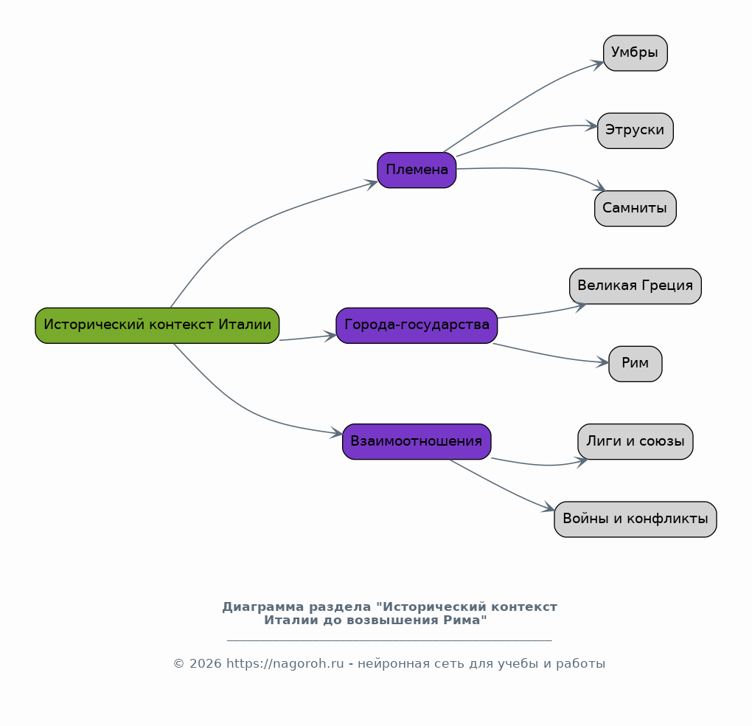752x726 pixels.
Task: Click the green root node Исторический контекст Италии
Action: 157,325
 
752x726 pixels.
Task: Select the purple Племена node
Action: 417,170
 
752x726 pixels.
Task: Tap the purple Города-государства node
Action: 417,325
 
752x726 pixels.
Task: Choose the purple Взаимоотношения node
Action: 417,441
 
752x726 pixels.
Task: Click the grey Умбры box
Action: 636,53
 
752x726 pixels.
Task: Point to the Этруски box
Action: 636,131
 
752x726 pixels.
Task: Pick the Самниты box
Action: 636,208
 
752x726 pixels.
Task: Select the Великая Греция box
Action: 636,286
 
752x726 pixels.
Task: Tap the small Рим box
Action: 636,364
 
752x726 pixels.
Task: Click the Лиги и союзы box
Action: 636,441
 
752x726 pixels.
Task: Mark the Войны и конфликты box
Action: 636,519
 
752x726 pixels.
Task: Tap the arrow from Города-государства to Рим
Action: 551,356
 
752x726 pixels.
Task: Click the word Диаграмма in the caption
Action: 262,607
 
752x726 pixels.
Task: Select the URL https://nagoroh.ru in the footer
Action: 285,663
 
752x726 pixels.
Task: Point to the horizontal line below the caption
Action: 389,640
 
